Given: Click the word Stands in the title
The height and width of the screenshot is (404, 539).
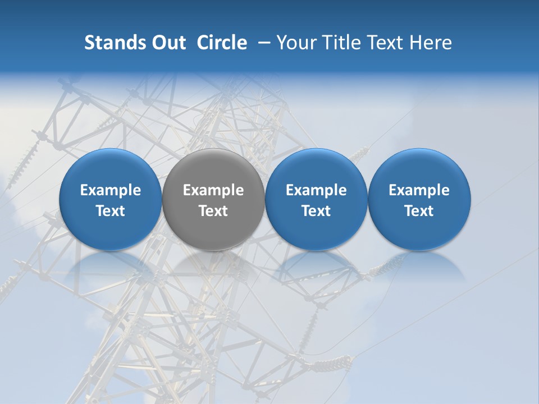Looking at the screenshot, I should [115, 43].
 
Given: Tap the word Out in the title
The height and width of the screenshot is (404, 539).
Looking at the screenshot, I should [167, 43].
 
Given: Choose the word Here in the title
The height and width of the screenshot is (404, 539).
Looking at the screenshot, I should [431, 43].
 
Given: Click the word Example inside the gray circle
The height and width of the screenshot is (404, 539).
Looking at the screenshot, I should [213, 191].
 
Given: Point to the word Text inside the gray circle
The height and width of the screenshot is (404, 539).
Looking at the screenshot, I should [213, 211].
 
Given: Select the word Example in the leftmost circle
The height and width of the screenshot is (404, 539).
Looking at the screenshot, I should [111, 191].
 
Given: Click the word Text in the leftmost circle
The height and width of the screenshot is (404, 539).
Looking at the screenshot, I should [111, 211].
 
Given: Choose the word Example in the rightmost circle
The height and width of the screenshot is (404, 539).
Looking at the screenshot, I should [419, 191].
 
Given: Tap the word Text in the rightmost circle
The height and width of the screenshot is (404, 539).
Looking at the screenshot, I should [419, 211].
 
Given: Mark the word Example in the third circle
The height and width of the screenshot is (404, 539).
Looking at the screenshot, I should [316, 191].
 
